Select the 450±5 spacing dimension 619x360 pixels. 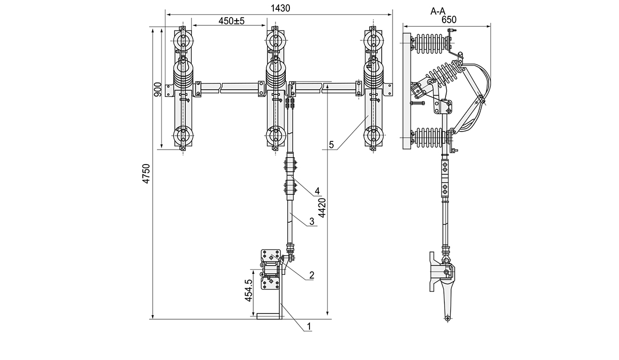tap(231, 21)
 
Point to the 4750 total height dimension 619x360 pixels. tap(146, 174)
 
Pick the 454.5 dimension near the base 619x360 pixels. tap(248, 291)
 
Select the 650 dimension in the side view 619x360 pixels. tap(449, 20)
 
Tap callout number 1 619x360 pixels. tap(308, 326)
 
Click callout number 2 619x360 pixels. tap(312, 275)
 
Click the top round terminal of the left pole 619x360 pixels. tap(183, 41)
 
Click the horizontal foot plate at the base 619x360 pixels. tap(270, 316)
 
